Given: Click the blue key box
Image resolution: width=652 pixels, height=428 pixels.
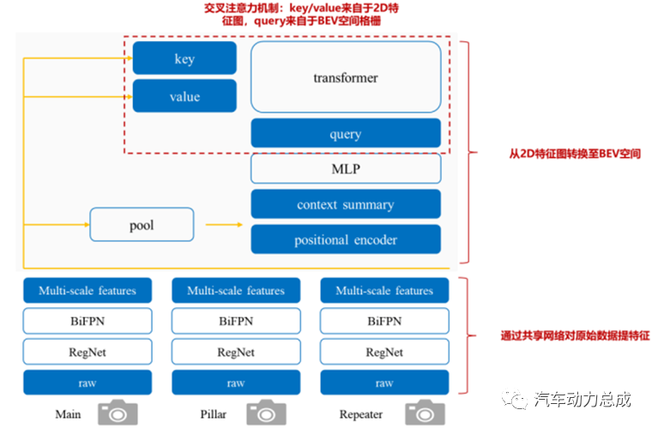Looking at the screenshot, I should [184, 58].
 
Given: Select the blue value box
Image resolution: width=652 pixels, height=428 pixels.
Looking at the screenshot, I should [184, 96].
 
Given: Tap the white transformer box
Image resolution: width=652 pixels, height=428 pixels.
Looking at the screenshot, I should [345, 77].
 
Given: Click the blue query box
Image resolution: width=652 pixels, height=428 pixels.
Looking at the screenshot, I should [345, 134].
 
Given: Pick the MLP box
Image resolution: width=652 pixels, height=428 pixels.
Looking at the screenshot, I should [345, 169].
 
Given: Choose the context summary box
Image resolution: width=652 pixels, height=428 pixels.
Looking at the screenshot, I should [345, 204].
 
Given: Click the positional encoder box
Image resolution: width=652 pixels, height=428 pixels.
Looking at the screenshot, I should [345, 239].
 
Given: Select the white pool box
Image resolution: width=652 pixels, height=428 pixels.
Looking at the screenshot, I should [142, 226].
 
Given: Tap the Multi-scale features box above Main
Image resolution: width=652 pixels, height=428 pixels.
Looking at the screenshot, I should [87, 291].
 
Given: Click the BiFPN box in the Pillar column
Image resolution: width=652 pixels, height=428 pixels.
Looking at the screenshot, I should [236, 322].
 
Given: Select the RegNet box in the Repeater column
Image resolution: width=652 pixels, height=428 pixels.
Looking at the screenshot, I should [384, 352].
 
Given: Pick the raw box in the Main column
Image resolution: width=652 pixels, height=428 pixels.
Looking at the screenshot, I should [87, 383].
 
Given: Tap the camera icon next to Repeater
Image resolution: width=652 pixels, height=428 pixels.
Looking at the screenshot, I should [421, 413].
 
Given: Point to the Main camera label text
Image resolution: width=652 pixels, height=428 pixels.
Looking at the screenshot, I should [68, 414].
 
